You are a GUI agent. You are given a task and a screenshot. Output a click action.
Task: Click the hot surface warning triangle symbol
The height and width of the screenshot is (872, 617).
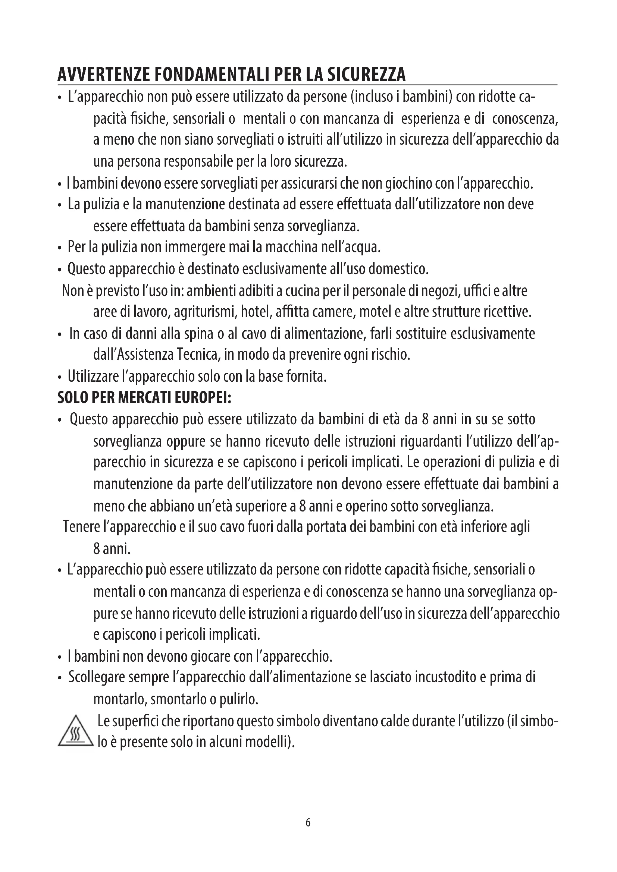click(x=76, y=731)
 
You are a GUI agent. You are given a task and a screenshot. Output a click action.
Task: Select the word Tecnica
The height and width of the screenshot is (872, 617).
click(x=199, y=355)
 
